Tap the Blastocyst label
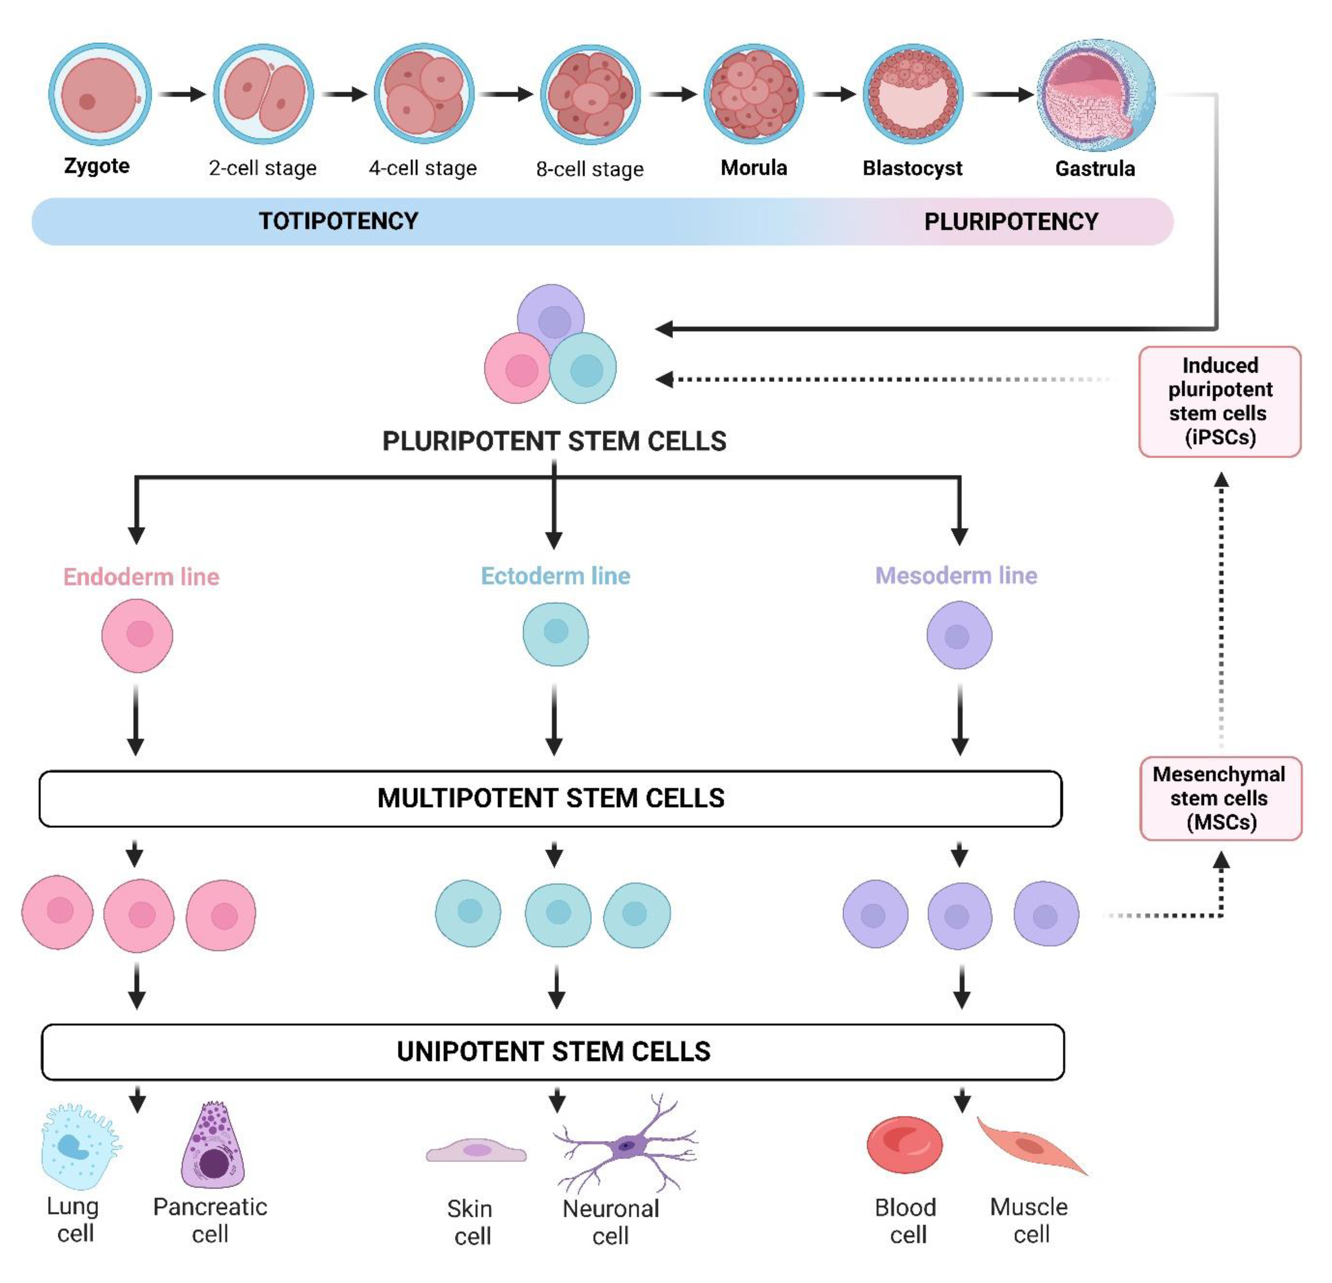[912, 168]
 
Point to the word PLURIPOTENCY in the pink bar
[1011, 221]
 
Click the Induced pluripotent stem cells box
[1220, 402]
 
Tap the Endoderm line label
[141, 576]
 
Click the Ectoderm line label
[555, 576]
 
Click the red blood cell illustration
[905, 1145]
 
